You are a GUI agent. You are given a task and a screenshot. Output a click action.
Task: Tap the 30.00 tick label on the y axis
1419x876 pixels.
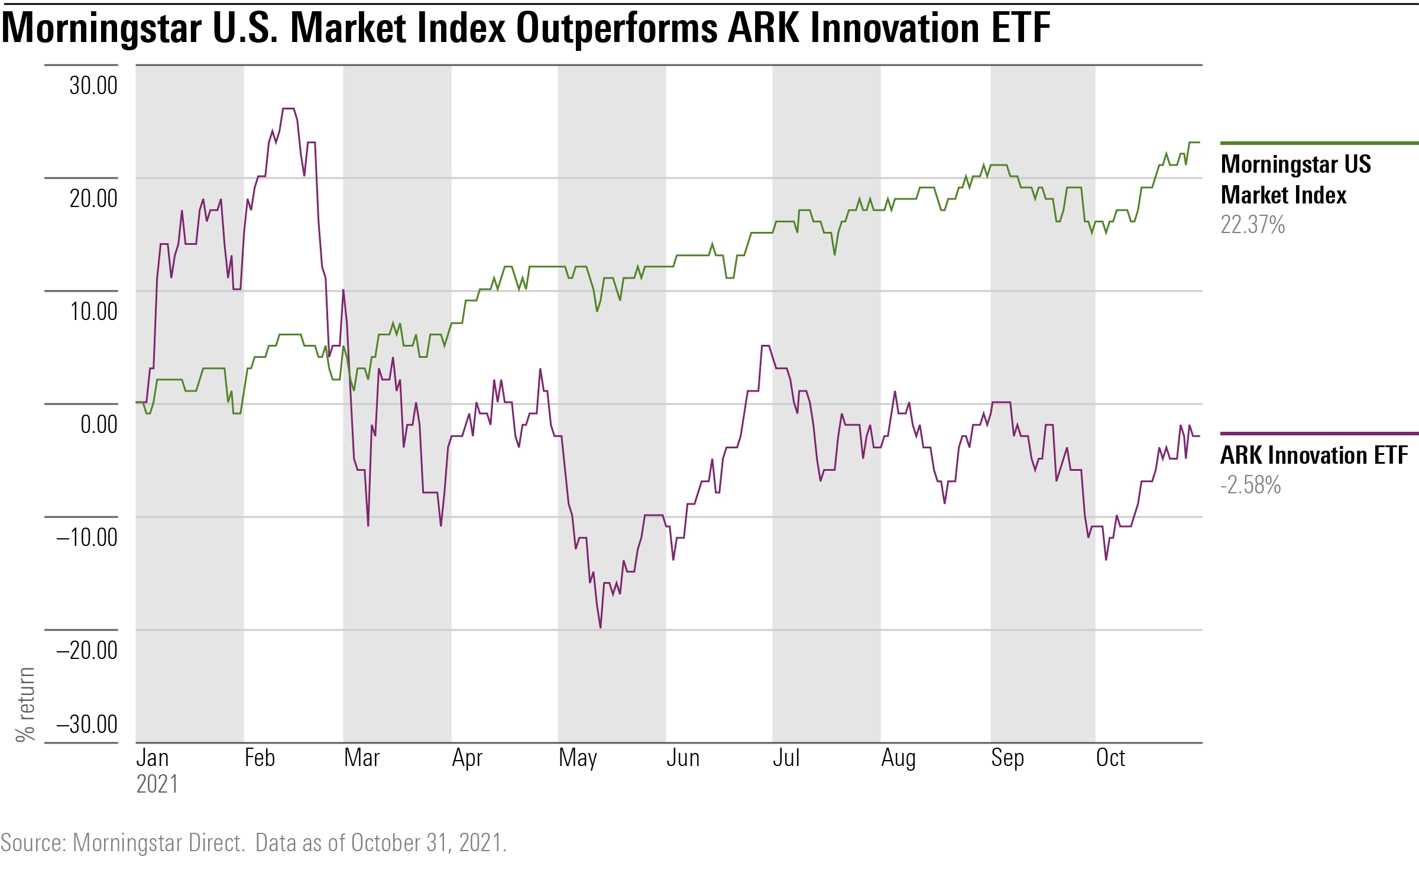93,85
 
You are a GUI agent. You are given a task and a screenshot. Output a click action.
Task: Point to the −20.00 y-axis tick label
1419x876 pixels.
87,650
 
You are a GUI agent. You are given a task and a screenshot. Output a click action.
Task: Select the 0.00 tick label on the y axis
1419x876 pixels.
99,424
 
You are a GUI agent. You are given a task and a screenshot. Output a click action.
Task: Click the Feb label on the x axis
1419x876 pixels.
260,758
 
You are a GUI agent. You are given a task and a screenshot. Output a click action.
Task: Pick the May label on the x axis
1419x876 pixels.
578,758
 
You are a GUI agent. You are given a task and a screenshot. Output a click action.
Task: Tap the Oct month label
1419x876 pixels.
1110,758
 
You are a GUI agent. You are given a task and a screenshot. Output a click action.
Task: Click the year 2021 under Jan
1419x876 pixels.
157,784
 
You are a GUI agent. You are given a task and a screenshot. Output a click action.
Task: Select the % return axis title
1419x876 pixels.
25,704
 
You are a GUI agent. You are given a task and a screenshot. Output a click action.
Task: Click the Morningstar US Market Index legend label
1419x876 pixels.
1295,179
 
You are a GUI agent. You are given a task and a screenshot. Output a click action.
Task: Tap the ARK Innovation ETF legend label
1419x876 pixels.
1314,455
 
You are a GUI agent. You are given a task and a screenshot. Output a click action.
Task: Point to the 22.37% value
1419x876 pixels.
1252,225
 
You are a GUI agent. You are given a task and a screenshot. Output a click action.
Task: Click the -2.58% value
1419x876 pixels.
1250,485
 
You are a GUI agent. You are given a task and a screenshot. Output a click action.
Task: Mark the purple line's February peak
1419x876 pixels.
288,109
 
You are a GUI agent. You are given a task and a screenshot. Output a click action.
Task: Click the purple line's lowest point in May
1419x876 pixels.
600,627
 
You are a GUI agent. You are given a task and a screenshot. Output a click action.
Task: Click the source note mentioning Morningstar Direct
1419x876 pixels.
253,843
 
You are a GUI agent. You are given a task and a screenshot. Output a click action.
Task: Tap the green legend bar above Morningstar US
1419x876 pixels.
1318,143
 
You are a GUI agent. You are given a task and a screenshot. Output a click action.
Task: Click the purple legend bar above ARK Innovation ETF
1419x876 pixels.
1318,434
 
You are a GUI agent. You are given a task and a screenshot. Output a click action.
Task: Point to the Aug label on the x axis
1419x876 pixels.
898,758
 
